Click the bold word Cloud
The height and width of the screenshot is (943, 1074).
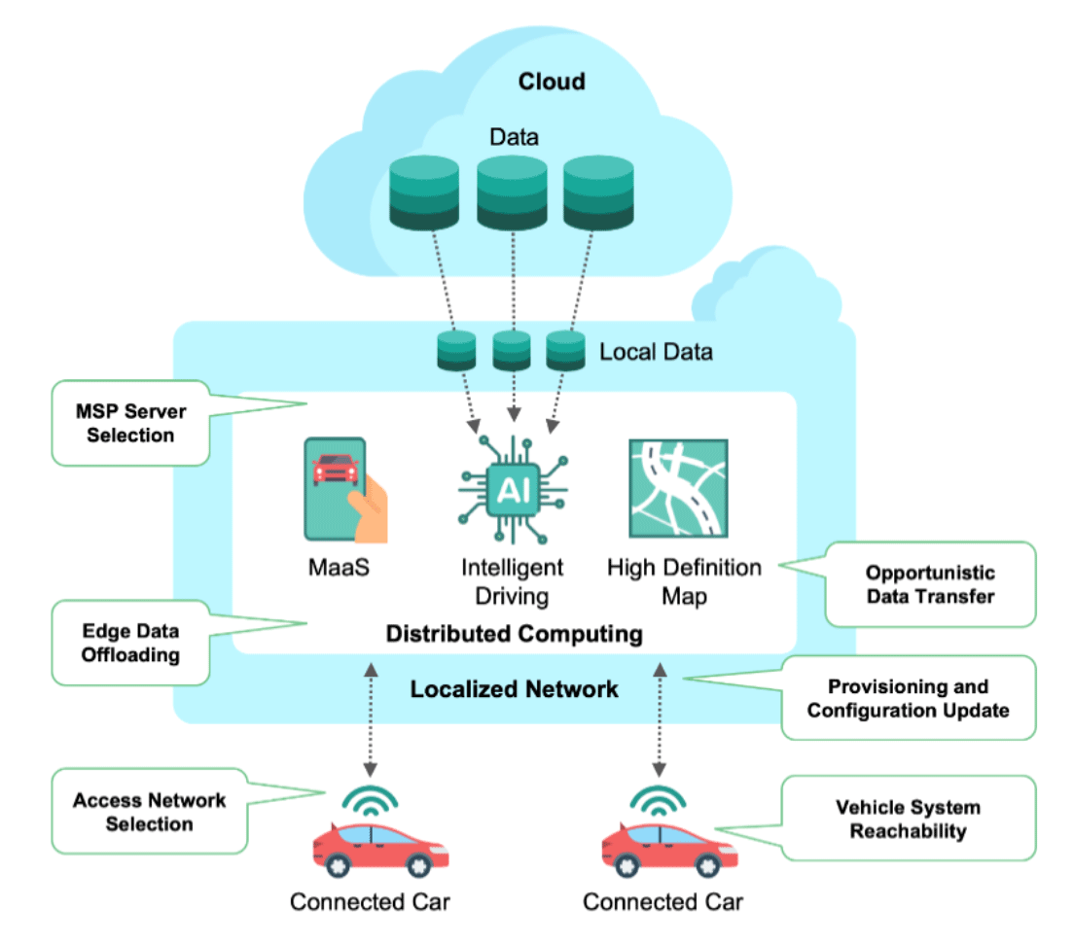coord(552,82)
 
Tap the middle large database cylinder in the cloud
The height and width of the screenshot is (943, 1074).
coord(512,193)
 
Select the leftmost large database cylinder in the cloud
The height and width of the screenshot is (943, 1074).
coord(424,193)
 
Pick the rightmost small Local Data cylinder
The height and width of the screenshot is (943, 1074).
coord(565,350)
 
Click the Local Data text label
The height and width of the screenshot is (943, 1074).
coord(656,352)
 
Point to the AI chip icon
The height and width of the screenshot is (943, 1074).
coord(513,490)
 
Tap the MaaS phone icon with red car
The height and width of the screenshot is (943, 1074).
coord(345,490)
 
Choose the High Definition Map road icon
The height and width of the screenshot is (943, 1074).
coord(678,489)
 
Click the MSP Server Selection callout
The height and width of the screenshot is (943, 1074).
coord(130,423)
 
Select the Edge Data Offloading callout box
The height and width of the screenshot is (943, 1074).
coord(130,643)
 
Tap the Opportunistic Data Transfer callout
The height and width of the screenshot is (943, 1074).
coord(930,584)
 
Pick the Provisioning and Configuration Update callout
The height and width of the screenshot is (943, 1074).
coord(909,698)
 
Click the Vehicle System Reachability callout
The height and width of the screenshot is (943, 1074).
coord(909,819)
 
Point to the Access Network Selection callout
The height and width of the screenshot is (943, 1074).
coord(149,812)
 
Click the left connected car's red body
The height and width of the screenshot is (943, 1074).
coord(380,850)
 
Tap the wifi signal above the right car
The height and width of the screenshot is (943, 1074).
coord(659,801)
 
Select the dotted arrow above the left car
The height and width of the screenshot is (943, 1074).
coord(371,719)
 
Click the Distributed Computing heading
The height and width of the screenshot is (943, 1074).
coord(515,634)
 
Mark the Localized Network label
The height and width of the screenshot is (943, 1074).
coord(515,689)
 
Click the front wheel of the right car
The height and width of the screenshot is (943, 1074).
coord(708,866)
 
